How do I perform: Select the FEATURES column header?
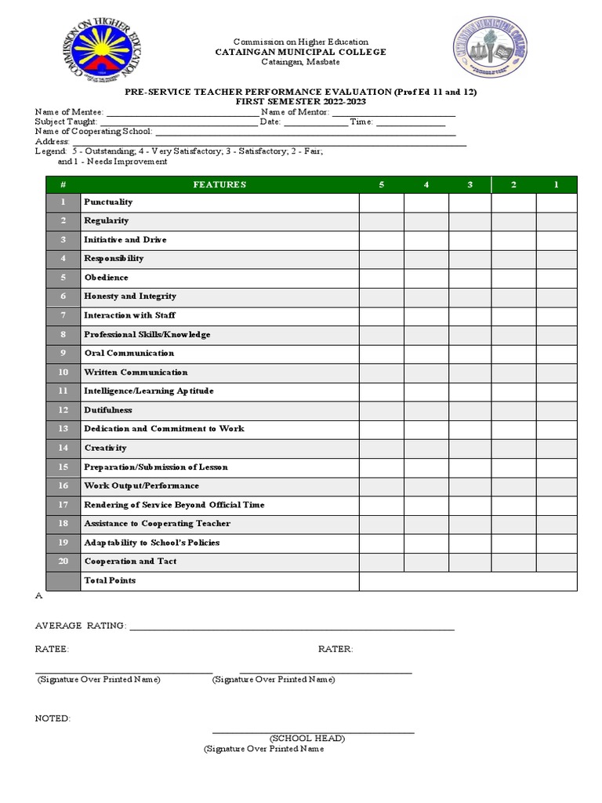(219, 185)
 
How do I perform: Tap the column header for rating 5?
(382, 185)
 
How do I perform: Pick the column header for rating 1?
(557, 185)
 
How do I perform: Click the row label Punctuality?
(108, 202)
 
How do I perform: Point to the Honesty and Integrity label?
(130, 296)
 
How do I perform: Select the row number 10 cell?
(63, 372)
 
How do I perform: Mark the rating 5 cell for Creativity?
(382, 448)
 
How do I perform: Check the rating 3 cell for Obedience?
(470, 278)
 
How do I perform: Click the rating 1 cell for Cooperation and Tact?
(557, 561)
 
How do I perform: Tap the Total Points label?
(110, 580)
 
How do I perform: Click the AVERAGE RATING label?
(80, 626)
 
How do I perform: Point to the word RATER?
(335, 649)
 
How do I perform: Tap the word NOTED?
(53, 718)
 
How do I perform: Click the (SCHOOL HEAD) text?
(307, 739)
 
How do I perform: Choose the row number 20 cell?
(63, 561)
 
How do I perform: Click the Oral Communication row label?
(129, 354)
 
